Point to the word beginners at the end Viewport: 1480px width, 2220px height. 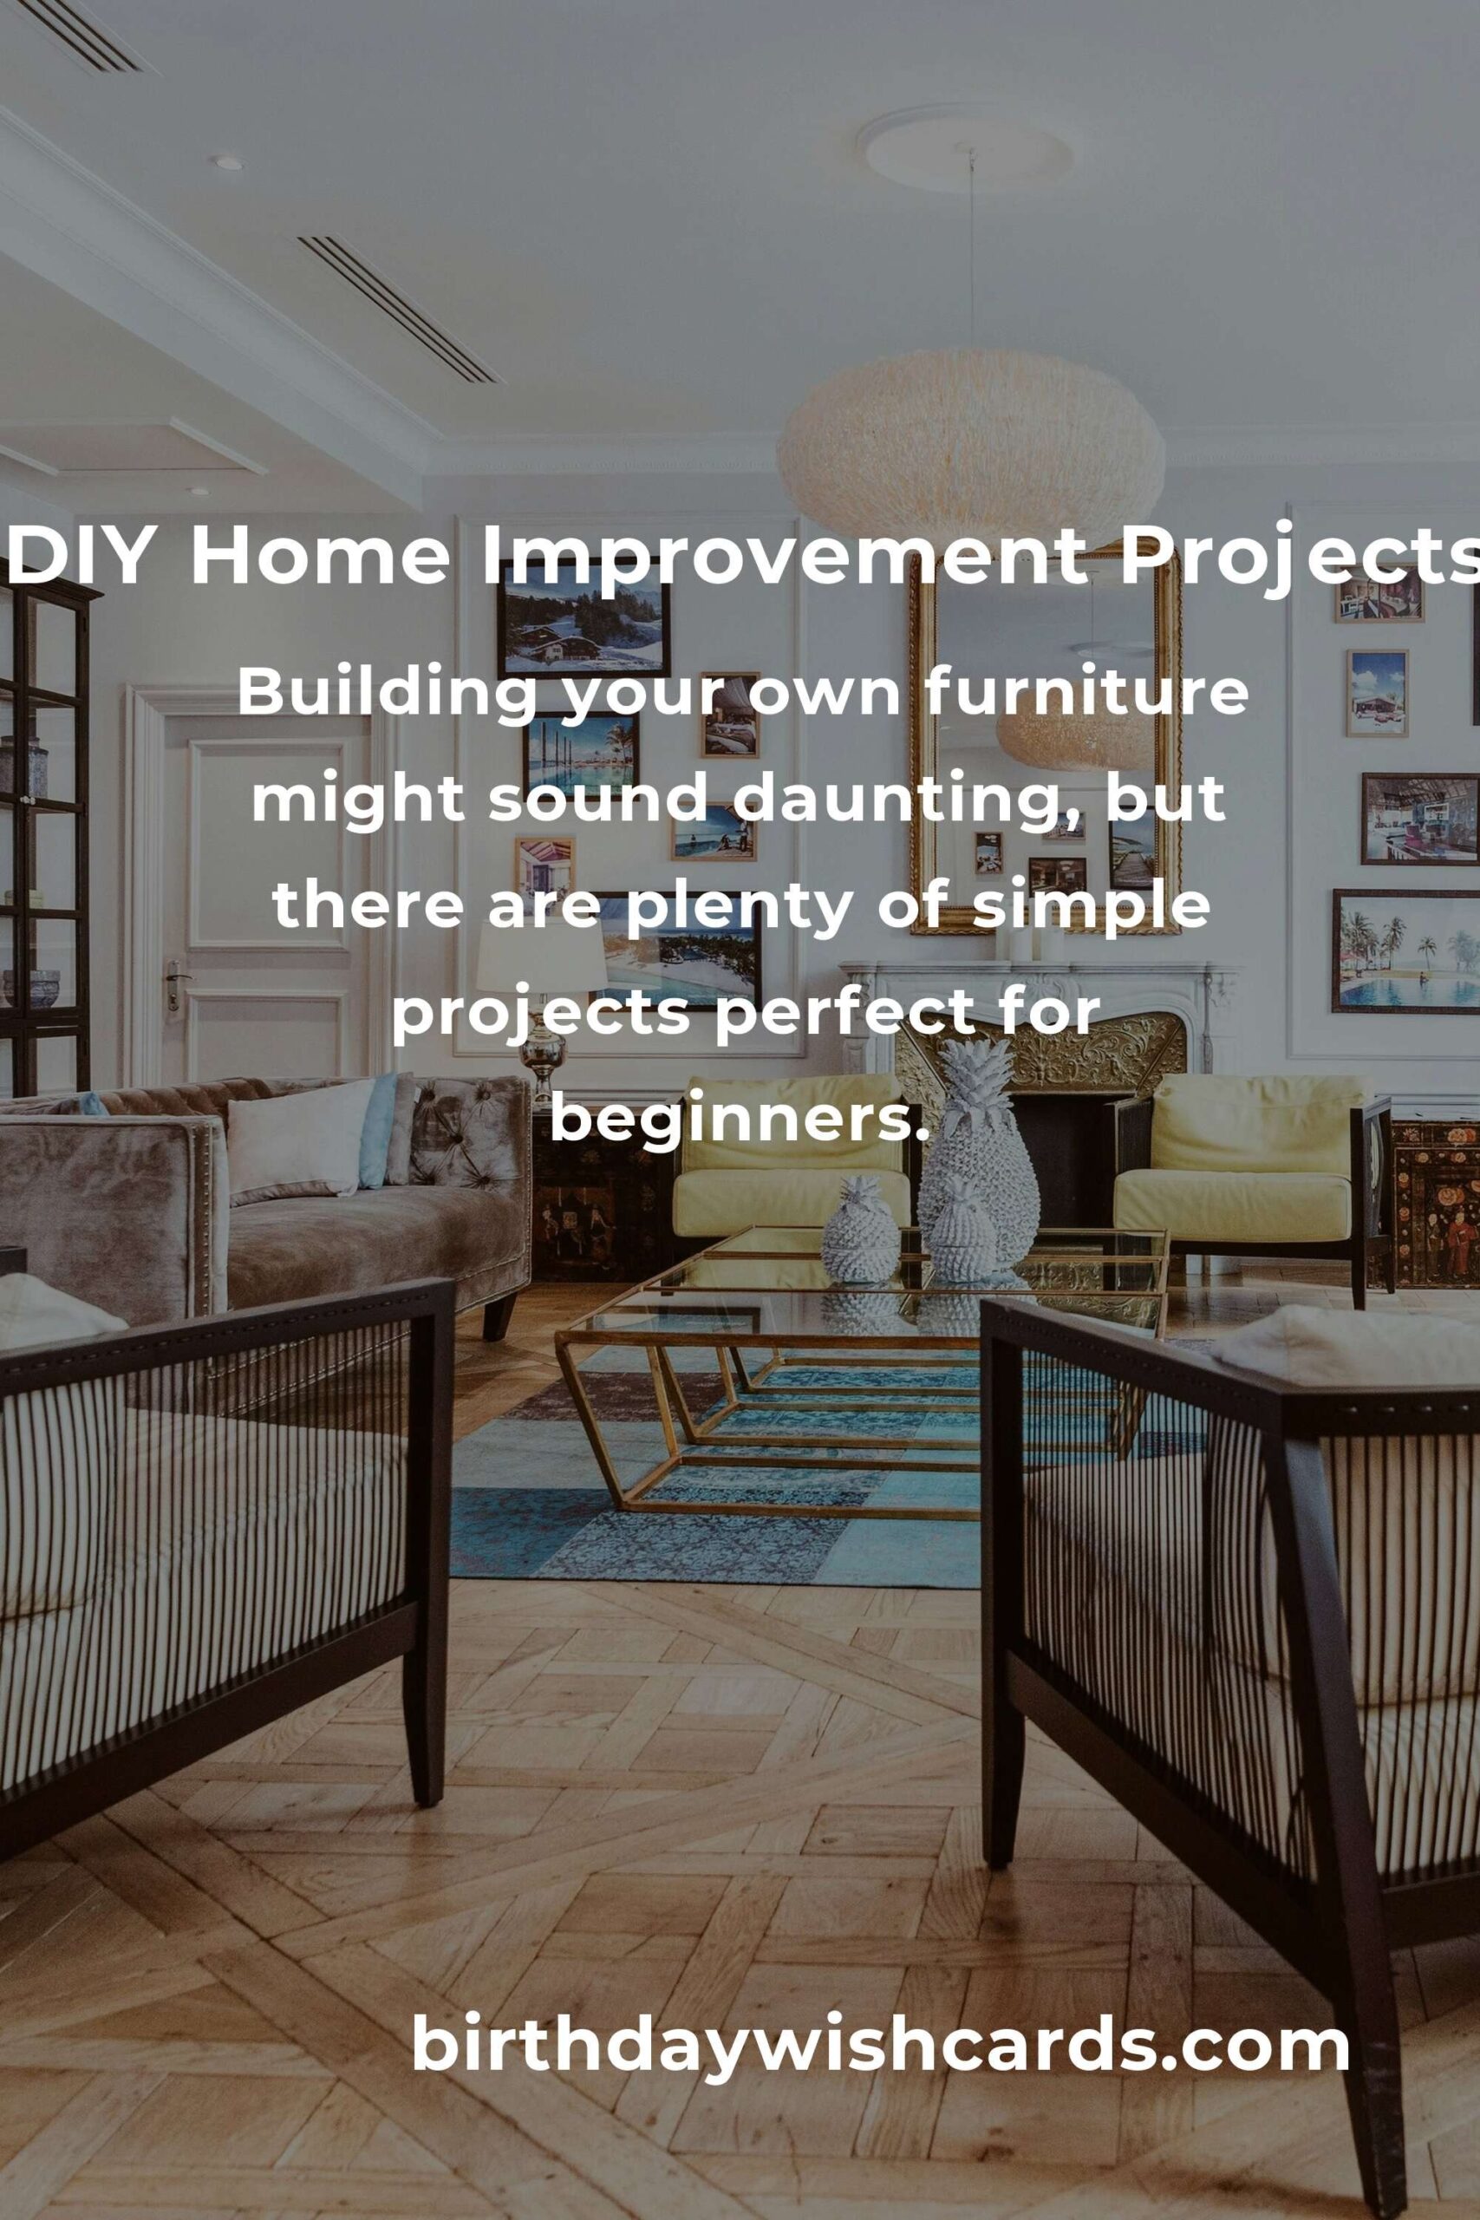[734, 1120]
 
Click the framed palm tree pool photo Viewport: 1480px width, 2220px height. [1405, 950]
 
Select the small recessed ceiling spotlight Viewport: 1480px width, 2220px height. [226, 163]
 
